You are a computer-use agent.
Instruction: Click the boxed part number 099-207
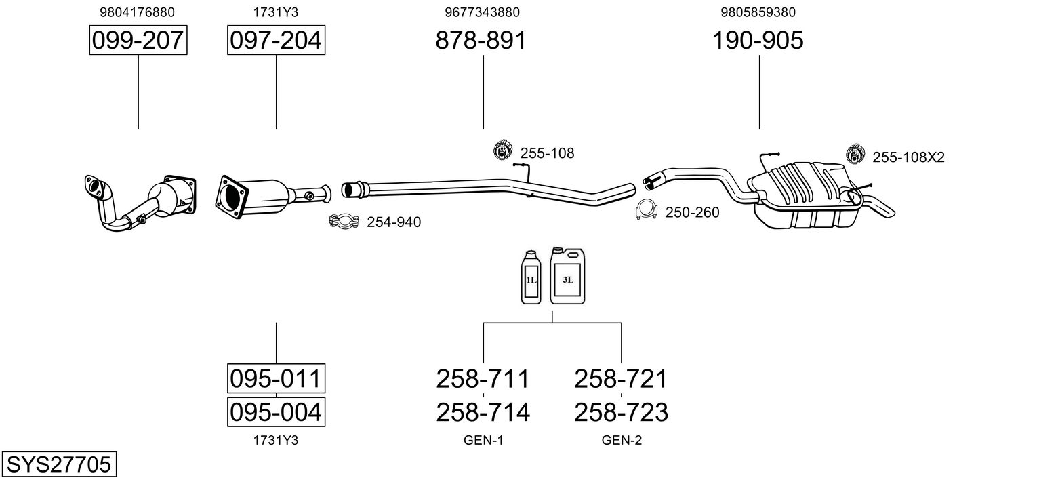(x=138, y=40)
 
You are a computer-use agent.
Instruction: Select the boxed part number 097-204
(x=276, y=40)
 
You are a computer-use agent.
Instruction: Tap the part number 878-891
(x=481, y=40)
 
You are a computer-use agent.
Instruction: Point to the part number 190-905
(x=758, y=40)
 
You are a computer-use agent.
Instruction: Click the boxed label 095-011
(x=276, y=378)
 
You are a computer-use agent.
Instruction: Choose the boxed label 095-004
(x=276, y=411)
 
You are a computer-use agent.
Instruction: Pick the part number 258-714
(x=483, y=412)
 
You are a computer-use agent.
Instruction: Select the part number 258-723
(x=622, y=412)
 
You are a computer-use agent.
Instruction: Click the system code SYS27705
(x=59, y=464)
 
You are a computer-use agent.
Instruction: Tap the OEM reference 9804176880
(x=138, y=12)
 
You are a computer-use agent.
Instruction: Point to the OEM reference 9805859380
(x=758, y=12)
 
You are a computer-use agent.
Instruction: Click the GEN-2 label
(x=622, y=440)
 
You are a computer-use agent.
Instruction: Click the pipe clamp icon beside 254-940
(x=344, y=221)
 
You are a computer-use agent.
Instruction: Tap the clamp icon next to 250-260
(x=647, y=210)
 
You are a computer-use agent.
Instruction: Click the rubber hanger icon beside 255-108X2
(x=855, y=154)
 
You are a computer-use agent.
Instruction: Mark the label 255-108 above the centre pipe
(x=547, y=153)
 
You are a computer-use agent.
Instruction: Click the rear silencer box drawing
(x=804, y=195)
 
